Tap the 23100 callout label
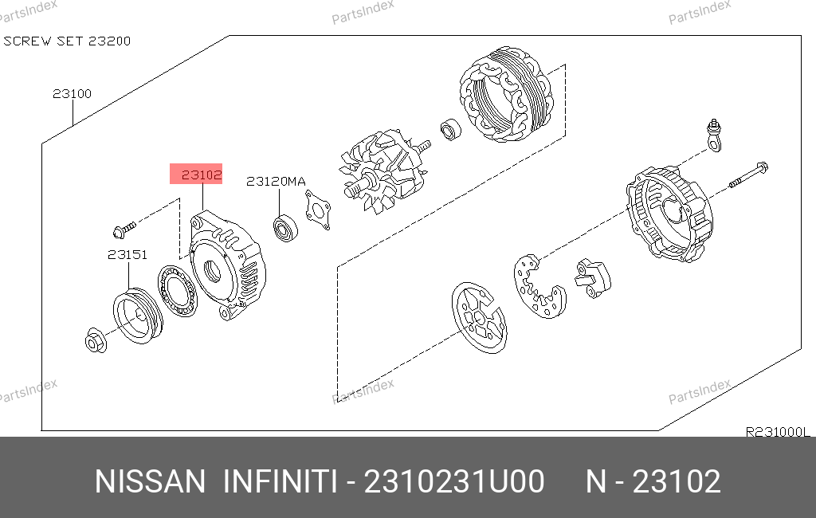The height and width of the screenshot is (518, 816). pos(72,94)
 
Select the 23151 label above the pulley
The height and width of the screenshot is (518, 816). pos(127,254)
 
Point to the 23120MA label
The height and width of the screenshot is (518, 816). pos(276,181)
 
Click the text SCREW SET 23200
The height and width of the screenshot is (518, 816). pos(67,41)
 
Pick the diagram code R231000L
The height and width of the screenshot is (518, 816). pos(778,432)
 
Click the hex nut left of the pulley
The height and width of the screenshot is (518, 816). pos(96,340)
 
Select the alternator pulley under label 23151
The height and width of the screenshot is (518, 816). pos(138,316)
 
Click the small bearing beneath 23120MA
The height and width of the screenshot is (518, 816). pos(285,228)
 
